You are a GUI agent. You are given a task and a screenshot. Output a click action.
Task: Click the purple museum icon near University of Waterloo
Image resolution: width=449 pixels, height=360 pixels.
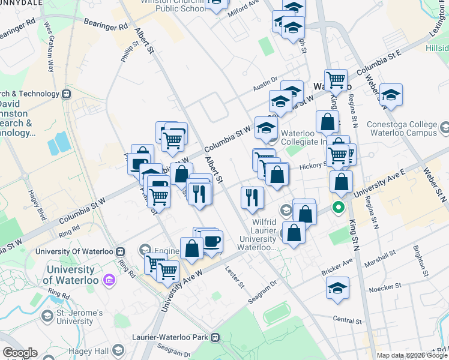[109, 280]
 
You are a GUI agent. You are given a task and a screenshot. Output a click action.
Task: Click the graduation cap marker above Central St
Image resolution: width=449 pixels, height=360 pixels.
[338, 287]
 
